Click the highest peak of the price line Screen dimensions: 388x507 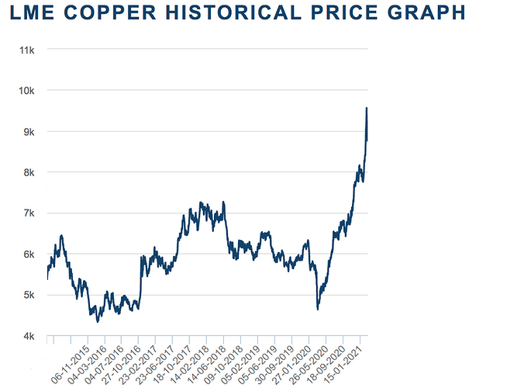pyautogui.click(x=366, y=108)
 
